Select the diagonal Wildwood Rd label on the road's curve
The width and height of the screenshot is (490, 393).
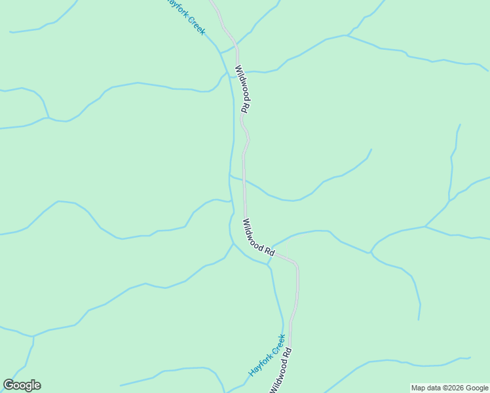258,237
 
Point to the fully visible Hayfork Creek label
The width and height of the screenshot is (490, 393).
267,356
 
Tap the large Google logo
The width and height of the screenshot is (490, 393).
22,385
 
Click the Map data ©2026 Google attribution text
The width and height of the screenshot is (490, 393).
449,388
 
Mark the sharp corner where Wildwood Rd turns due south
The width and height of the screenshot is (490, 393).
296,265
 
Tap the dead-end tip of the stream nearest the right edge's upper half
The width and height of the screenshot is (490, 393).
460,124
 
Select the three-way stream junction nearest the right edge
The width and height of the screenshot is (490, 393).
425,227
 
